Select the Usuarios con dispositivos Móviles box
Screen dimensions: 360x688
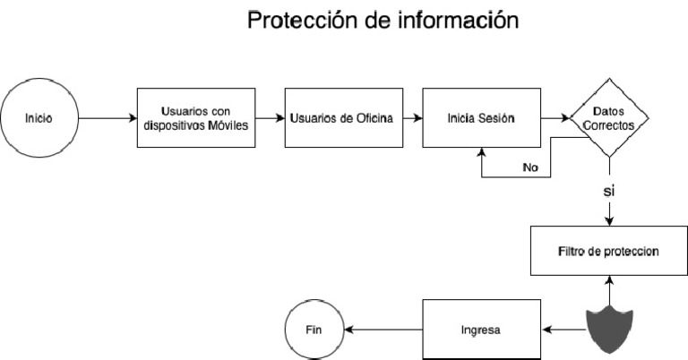point(196,118)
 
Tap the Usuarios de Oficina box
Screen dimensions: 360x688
point(342,118)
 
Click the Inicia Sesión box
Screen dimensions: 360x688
point(481,118)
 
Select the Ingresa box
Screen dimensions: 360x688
point(481,330)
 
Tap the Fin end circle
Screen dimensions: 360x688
point(313,330)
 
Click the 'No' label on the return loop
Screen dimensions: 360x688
point(529,167)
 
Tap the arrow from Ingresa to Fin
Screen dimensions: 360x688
point(383,330)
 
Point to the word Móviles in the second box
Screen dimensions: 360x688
point(226,125)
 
